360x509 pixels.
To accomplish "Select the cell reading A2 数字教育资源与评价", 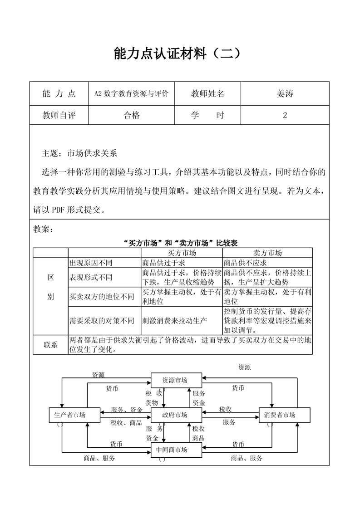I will [x=131, y=94].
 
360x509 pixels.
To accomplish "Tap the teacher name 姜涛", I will [x=285, y=94].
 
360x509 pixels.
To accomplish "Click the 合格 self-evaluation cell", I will [x=132, y=115].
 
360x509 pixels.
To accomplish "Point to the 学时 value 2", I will [x=285, y=115].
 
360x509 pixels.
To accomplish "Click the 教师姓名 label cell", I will [x=207, y=94].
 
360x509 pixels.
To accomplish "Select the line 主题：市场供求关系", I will [x=79, y=153].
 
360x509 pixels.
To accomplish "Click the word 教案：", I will [x=44, y=229].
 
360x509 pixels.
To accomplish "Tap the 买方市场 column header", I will [x=182, y=253].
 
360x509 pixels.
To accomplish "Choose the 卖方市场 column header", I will [x=267, y=253].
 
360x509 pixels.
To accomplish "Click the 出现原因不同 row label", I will [x=91, y=263].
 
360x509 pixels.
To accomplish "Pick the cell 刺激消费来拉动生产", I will [x=174, y=321].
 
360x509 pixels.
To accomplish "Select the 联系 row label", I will [x=51, y=345].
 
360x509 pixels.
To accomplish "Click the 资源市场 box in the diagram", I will [x=175, y=381].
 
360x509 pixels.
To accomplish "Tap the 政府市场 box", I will [x=175, y=415].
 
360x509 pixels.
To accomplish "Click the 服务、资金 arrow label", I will [x=127, y=410].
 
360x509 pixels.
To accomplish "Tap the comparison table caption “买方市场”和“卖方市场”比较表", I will [x=180, y=243].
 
